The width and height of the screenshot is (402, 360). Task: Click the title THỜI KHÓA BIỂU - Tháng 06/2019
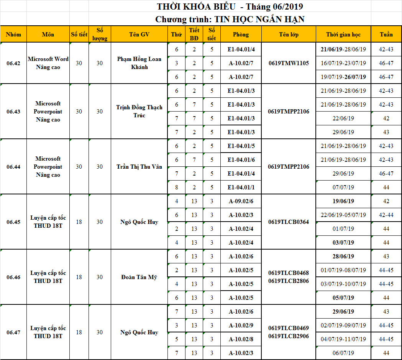point(230,7)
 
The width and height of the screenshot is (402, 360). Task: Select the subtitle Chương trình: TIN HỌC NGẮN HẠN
point(230,19)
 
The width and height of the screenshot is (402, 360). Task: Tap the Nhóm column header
point(13,35)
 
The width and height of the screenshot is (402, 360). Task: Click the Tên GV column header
point(139,35)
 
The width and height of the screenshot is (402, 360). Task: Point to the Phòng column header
point(241,35)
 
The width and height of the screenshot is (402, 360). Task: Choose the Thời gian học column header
point(343,35)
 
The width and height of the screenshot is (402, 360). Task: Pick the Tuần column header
point(386,35)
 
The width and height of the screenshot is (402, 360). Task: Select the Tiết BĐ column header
point(194,35)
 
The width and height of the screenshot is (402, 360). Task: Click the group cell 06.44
point(13,167)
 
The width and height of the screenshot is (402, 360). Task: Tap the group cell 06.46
point(13,277)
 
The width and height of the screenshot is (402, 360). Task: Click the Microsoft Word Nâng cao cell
point(48,63)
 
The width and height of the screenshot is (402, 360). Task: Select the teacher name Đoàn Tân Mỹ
point(139,277)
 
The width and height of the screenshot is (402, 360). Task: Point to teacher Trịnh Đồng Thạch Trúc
point(139,111)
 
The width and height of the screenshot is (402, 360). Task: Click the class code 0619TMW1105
point(289,63)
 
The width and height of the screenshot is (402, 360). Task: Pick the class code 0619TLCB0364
point(289,222)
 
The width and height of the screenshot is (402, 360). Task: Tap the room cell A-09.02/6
point(241,201)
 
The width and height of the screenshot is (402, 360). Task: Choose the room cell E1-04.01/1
point(241,187)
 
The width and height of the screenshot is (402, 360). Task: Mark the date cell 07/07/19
point(343,187)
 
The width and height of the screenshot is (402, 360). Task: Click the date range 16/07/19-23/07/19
point(343,63)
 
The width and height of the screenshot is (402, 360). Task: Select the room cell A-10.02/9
point(241,325)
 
